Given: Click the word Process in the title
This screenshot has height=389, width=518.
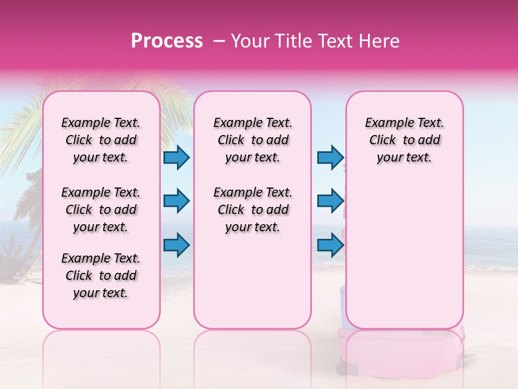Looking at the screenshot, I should [167, 41].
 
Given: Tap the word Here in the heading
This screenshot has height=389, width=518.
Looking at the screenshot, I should [378, 41].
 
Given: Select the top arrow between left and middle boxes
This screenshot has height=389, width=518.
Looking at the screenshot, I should [176, 157].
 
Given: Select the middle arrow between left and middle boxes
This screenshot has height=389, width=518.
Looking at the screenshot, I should [176, 201].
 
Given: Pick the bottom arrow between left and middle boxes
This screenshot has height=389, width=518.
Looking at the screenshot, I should [176, 245].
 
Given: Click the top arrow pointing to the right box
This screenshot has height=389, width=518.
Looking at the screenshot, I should [330, 157].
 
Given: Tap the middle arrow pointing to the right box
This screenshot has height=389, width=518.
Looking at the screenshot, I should [330, 201].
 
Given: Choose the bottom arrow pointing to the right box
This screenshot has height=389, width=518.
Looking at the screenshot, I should [330, 245].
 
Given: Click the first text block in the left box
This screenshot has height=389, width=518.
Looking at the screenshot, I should [101, 140].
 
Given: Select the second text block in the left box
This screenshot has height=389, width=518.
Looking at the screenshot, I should [101, 210].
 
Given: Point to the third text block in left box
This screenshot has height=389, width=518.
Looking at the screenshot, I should [101, 276].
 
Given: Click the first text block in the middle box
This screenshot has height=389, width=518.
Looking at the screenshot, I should [253, 140].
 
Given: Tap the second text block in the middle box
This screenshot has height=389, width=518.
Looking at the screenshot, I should [253, 210].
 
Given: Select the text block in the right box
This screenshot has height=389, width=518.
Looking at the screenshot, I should [405, 140].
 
